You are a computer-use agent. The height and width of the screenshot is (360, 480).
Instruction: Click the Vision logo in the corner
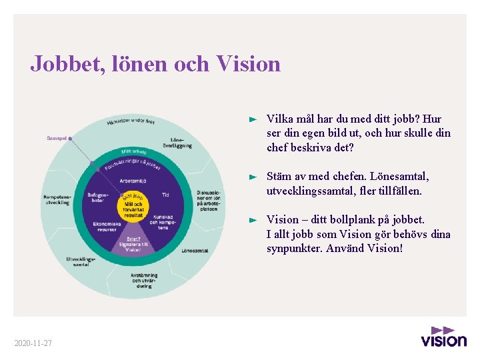click(443, 336)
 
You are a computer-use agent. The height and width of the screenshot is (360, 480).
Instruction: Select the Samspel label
click(56, 138)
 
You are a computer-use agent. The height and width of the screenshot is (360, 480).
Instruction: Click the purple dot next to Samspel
click(70, 138)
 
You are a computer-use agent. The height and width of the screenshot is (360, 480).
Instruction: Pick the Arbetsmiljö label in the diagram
click(133, 181)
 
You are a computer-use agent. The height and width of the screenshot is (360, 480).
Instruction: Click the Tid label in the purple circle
click(165, 195)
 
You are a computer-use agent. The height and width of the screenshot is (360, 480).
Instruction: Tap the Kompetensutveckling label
click(57, 199)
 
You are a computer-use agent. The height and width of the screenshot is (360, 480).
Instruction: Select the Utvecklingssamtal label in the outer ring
click(81, 261)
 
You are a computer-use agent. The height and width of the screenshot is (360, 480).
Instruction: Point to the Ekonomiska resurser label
click(107, 225)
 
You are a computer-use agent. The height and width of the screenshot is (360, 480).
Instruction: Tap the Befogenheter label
click(97, 197)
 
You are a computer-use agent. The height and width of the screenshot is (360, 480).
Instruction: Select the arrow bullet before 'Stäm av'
click(252, 177)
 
